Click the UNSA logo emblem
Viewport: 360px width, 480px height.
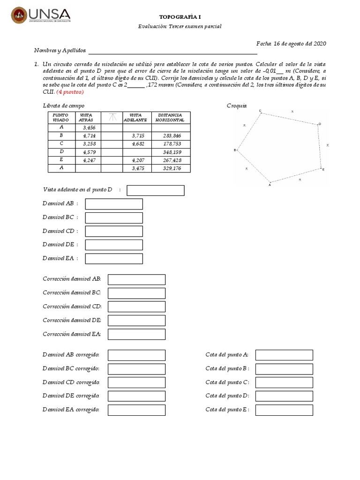tap(19, 15)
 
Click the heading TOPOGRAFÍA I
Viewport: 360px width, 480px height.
tap(180, 16)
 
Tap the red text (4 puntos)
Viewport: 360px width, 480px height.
tap(70, 92)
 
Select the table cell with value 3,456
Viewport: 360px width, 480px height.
tap(89, 127)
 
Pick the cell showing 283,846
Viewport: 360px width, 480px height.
tap(171, 135)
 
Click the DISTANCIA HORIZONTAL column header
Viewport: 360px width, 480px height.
tap(171, 117)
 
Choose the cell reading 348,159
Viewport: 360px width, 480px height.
tap(171, 152)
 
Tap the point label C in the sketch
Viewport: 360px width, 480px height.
tap(260, 111)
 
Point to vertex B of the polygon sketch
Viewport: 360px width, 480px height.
tap(235, 150)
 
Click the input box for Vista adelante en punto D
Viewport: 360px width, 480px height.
tap(156, 190)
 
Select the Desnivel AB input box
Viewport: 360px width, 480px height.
tap(114, 204)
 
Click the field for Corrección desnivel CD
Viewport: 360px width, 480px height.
tap(136, 307)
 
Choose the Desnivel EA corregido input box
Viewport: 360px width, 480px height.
tap(136, 410)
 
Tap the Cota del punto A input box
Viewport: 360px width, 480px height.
tap(284, 355)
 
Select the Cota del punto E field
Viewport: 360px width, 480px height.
tap(284, 410)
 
